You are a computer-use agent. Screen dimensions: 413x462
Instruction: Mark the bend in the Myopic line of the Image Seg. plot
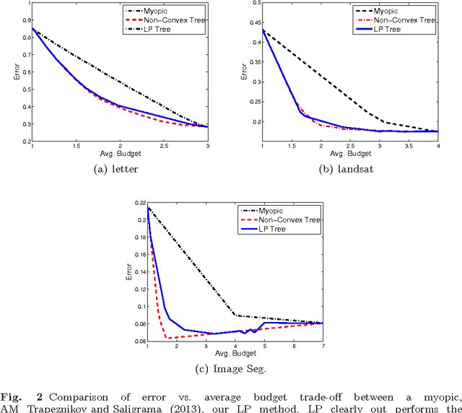click(x=235, y=316)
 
